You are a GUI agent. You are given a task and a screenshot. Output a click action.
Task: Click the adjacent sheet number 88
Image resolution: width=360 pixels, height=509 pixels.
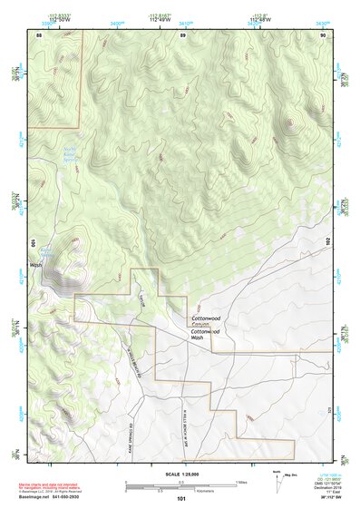[x=39, y=35]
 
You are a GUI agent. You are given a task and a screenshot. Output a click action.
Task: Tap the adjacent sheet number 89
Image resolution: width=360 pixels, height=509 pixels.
[x=182, y=35]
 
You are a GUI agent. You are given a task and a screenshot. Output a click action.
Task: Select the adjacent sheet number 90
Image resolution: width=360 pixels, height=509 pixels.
[x=323, y=35]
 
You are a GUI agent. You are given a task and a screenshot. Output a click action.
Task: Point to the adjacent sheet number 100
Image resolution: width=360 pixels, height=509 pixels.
[x=32, y=243]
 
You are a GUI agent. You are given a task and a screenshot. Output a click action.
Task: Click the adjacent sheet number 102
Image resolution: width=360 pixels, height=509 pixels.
[x=328, y=243]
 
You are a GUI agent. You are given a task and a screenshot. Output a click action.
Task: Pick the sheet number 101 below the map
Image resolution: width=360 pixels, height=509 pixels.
[x=181, y=498]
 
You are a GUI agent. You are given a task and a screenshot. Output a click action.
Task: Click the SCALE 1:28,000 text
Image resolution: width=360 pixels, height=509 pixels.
[x=181, y=474]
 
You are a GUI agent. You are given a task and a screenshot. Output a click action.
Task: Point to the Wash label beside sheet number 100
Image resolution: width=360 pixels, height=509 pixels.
[x=37, y=265]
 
